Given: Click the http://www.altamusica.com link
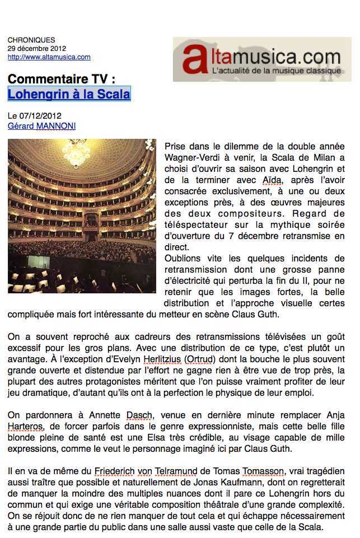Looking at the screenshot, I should [x=49, y=57].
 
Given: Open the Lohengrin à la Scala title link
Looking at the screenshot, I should [x=69, y=94].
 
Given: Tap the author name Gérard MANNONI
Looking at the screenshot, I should [x=41, y=126].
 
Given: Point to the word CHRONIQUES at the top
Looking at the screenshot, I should [x=31, y=40].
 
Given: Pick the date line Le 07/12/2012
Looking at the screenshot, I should [x=34, y=116].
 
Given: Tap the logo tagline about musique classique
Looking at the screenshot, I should [x=276, y=71].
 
